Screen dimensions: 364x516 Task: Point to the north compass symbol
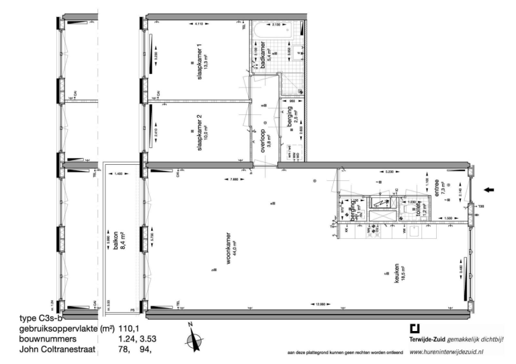(x=192, y=336)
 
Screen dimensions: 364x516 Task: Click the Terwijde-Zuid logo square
(x=415, y=329)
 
